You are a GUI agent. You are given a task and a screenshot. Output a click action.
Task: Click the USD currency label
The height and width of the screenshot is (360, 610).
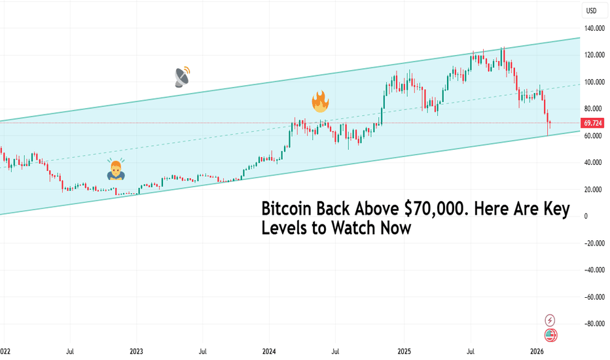click(592, 10)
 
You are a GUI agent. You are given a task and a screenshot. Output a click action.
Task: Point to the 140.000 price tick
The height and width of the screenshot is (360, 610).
click(594, 28)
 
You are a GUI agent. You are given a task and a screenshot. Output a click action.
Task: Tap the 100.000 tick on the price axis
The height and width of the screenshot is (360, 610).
click(594, 82)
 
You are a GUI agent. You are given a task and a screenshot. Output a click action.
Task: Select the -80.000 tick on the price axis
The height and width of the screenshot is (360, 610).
click(594, 323)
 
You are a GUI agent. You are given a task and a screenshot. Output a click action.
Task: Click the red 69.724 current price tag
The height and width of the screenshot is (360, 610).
click(594, 123)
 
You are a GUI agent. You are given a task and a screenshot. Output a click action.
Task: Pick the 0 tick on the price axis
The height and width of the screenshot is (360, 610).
click(587, 216)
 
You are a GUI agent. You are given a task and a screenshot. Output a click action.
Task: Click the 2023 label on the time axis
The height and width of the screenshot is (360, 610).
click(137, 351)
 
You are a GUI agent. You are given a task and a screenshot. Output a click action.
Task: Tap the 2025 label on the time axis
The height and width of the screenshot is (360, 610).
click(404, 351)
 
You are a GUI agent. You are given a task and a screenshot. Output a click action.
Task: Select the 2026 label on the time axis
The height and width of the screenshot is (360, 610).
click(537, 351)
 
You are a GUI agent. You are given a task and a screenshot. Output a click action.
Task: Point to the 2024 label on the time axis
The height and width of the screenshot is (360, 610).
click(270, 351)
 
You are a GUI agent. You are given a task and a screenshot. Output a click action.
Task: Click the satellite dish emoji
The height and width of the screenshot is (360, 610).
click(182, 76)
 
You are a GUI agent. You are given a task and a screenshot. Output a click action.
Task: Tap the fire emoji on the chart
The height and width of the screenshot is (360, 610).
click(320, 101)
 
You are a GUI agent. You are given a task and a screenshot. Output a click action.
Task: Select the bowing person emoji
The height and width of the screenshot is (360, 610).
click(116, 170)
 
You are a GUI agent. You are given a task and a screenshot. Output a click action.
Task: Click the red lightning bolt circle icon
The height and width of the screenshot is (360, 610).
click(550, 320)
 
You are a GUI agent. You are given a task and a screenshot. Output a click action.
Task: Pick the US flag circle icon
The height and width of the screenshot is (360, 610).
click(550, 336)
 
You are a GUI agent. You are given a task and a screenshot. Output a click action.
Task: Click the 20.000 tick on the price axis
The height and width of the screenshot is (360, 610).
click(593, 189)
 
